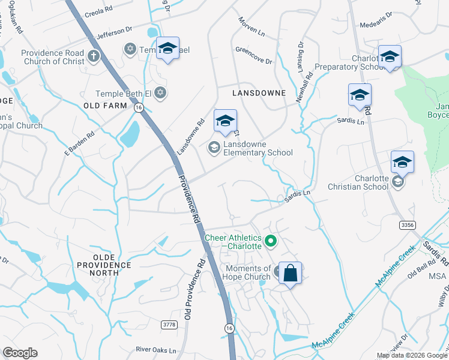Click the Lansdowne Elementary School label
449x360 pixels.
click(258, 148)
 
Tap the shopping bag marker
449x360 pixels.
click(290, 273)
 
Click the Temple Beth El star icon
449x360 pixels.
click(160, 93)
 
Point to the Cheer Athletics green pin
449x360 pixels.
click(271, 242)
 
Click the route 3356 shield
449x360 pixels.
click(408, 224)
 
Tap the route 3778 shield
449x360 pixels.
click(170, 325)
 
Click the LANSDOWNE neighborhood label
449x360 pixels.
click(257, 94)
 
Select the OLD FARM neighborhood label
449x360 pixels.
click(105, 106)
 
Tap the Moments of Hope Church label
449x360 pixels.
click(248, 272)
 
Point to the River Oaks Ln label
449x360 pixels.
click(156, 350)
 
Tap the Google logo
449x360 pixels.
click(20, 353)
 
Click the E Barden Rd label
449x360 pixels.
click(80, 145)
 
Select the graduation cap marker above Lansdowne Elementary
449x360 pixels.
click(225, 122)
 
